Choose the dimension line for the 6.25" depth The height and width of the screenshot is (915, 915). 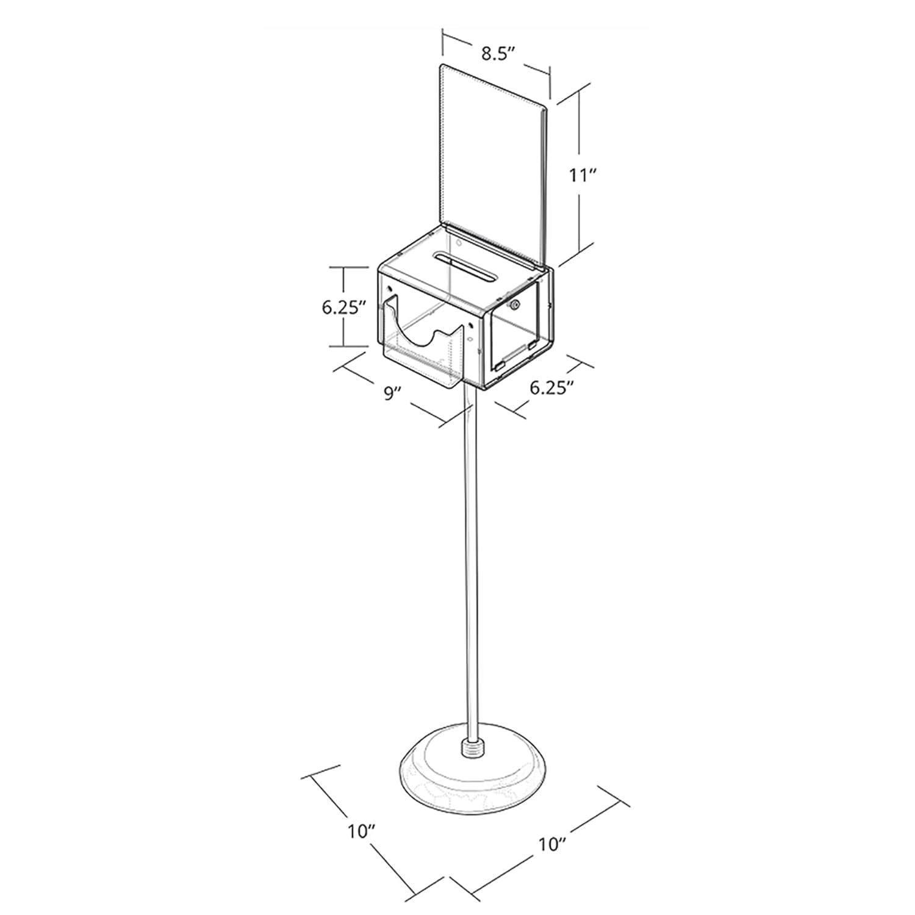(x=543, y=390)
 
